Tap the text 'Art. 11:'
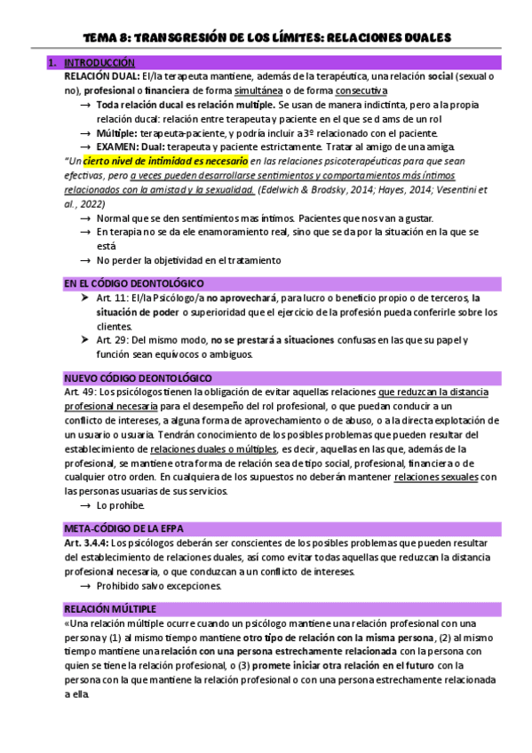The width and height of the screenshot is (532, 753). tap(112, 297)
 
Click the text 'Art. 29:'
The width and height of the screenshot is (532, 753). tap(112, 340)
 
